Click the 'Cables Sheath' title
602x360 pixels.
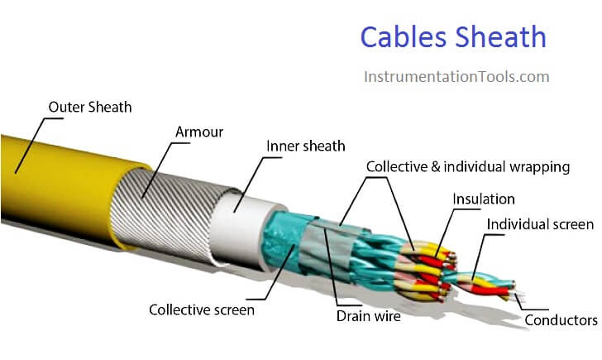point(453,37)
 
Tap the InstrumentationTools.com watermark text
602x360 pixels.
point(456,76)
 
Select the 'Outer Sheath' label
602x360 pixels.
point(90,107)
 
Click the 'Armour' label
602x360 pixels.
point(199,132)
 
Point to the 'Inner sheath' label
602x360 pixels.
point(306,146)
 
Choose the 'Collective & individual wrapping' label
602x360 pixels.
point(468,166)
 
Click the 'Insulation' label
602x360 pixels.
point(484,199)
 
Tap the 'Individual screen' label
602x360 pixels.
point(540,224)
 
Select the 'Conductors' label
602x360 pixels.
point(561,320)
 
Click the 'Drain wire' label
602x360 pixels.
point(369,316)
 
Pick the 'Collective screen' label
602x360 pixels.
point(202,310)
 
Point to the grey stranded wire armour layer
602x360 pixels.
point(169,215)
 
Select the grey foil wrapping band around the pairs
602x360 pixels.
point(327,246)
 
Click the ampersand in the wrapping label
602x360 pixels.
point(435,167)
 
